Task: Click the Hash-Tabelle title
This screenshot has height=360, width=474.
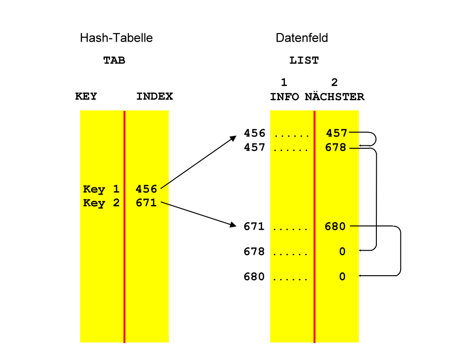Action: click(x=116, y=38)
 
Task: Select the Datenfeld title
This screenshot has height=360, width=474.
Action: click(x=301, y=38)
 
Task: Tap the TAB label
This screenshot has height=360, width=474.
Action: click(x=114, y=61)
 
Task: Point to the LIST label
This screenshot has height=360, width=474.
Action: click(x=304, y=61)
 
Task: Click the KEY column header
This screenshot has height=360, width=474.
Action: click(x=86, y=97)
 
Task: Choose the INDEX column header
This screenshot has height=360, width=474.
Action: click(x=155, y=97)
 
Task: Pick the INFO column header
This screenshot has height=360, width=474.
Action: click(x=284, y=97)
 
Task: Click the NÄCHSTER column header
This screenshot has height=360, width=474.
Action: click(x=334, y=97)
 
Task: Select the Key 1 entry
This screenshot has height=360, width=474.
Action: click(x=101, y=189)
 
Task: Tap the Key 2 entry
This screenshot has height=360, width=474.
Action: click(x=101, y=203)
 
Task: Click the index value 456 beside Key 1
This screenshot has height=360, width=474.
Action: click(x=146, y=189)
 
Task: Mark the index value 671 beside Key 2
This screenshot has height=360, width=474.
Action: click(x=146, y=203)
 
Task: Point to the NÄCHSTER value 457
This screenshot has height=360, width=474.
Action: click(x=337, y=134)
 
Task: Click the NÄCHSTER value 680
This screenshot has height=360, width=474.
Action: click(x=335, y=227)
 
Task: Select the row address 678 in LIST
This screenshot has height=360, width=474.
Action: click(x=254, y=252)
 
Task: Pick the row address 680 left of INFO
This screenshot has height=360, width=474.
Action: click(x=254, y=277)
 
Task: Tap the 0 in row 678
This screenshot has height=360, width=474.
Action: click(x=342, y=252)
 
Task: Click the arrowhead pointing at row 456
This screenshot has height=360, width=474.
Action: click(x=233, y=138)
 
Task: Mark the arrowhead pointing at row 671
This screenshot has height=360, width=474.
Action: click(x=233, y=225)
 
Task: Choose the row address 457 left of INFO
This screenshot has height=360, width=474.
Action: click(x=254, y=147)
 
